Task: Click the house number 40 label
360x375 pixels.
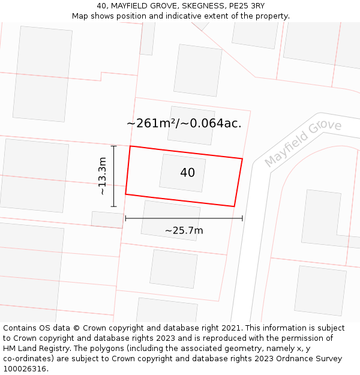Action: point(187,173)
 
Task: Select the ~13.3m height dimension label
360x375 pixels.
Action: point(103,176)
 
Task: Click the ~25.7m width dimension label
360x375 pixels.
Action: point(184,230)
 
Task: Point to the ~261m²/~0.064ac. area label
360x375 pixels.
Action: point(184,124)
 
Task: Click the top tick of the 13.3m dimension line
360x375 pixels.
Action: point(113,146)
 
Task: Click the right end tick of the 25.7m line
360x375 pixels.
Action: point(242,218)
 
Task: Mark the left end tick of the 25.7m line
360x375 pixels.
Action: point(125,218)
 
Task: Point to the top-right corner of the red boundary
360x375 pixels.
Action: point(242,159)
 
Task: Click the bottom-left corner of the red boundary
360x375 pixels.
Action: point(125,194)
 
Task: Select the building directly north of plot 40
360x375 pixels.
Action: point(191,125)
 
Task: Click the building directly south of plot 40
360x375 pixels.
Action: point(170,220)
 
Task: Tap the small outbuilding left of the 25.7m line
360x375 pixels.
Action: point(107,219)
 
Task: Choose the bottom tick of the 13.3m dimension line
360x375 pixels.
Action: point(113,206)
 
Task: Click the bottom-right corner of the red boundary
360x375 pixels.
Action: point(234,206)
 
